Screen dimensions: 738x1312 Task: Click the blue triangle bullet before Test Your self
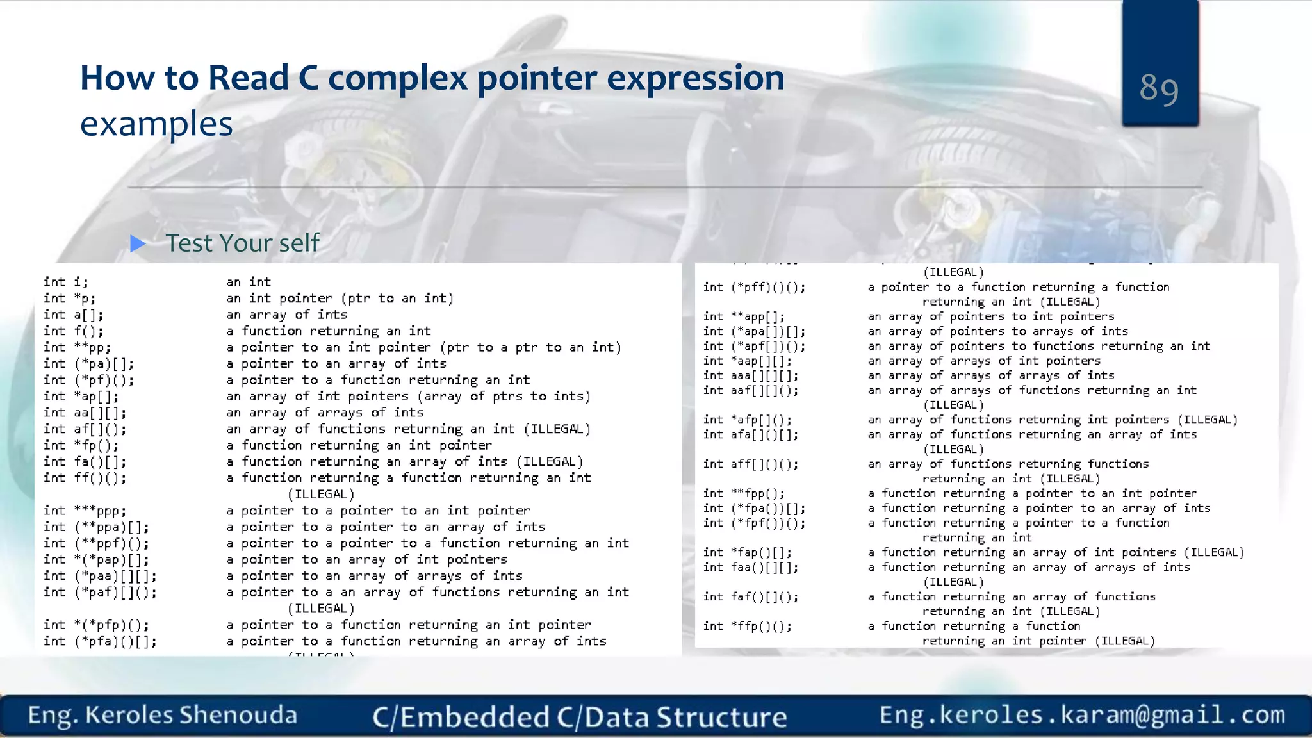[138, 243]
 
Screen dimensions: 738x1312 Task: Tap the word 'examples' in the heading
[156, 124]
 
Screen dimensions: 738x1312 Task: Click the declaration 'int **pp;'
[77, 348]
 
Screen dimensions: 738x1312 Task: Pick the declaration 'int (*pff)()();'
[754, 287]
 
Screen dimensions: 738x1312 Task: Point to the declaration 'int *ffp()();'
[747, 626]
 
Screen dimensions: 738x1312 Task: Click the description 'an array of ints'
[286, 315]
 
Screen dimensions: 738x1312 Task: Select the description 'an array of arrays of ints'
[324, 413]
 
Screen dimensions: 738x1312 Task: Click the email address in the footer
[1082, 715]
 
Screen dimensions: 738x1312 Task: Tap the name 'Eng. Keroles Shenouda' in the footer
[162, 716]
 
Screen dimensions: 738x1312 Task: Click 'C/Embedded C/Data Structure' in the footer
[579, 717]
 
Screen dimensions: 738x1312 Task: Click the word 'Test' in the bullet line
[189, 243]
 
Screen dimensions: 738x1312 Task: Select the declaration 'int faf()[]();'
[750, 596]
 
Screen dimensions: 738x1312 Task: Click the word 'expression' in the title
[695, 78]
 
